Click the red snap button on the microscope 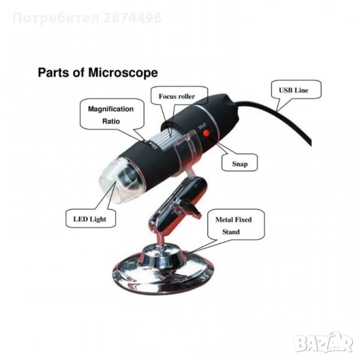[206, 133]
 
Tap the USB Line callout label [296, 89]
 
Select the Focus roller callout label [179, 95]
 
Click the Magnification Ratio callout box [112, 114]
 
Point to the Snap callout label [239, 163]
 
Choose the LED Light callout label [91, 218]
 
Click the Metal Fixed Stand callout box [236, 225]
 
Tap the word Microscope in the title [123, 73]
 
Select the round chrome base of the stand [163, 271]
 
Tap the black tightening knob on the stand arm [191, 208]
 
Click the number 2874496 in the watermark [132, 18]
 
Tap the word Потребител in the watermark [56, 18]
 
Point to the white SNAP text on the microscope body [202, 127]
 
